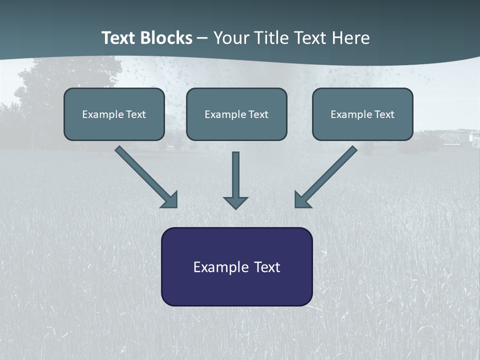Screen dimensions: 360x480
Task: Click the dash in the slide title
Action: (x=202, y=38)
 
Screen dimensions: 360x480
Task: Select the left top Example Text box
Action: (x=114, y=114)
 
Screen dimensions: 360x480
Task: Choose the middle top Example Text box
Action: (x=236, y=114)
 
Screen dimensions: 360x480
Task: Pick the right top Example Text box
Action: (x=362, y=114)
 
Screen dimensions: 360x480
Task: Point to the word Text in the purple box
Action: (x=267, y=267)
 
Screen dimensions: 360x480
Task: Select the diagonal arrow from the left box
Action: (x=145, y=175)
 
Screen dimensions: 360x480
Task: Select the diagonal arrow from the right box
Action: (x=327, y=175)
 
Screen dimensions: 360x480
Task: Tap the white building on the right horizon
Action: (x=472, y=137)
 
